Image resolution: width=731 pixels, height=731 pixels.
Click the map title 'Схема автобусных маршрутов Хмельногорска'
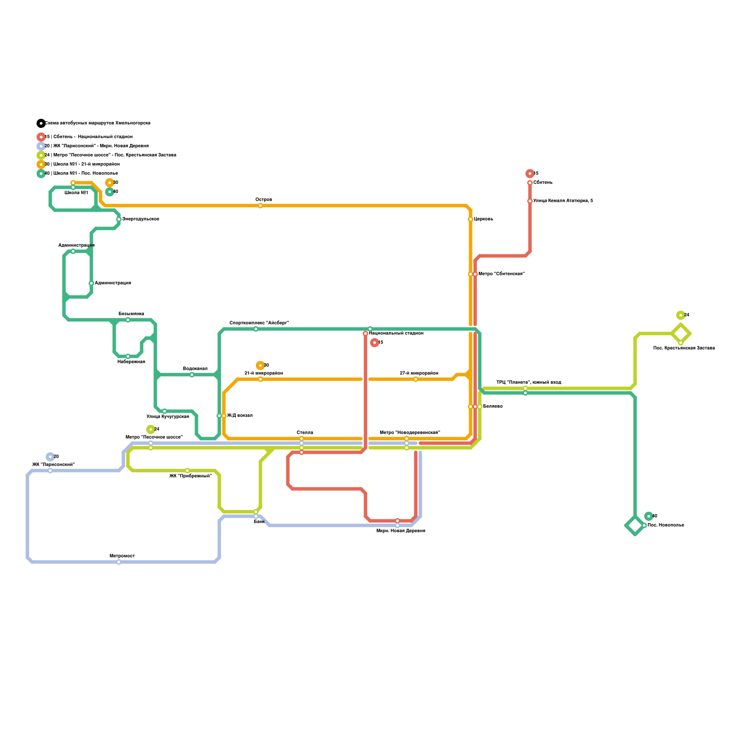point(97,123)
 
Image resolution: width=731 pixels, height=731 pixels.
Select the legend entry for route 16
point(89,137)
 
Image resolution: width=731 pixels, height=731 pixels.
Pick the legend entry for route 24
point(110,155)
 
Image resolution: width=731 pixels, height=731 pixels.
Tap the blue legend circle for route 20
point(41,146)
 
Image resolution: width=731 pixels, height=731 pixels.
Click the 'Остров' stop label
point(264,200)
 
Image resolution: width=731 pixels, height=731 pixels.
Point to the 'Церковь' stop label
point(483,219)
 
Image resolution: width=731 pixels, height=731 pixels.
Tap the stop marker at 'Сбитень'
point(530,183)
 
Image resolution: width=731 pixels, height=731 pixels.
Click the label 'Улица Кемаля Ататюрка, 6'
point(563,201)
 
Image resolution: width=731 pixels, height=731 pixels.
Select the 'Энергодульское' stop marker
point(119,219)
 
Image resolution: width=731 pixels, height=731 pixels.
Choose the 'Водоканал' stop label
point(195,369)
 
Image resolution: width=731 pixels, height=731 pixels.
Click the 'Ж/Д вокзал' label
point(240,416)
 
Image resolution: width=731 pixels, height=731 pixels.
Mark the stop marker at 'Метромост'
point(119,562)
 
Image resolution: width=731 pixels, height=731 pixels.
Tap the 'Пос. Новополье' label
point(666,525)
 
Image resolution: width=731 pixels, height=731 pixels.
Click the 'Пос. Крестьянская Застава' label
point(684,348)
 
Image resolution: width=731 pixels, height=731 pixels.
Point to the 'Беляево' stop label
point(493,407)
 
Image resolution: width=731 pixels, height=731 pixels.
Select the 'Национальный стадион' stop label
point(396,334)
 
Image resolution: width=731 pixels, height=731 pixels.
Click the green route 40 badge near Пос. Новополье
point(649,516)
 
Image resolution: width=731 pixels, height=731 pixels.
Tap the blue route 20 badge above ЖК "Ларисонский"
point(50,457)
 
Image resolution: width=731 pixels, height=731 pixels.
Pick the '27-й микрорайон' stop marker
point(416,379)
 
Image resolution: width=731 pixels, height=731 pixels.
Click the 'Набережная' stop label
point(131,362)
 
